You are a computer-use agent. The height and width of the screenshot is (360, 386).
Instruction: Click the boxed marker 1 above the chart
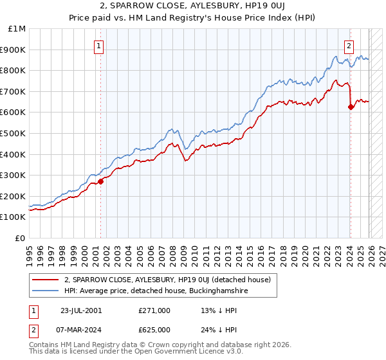pyautogui.click(x=99, y=46)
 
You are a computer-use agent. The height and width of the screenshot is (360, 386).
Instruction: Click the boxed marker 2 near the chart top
pyautogui.click(x=349, y=46)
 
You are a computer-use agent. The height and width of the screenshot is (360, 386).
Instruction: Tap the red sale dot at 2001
pyautogui.click(x=101, y=181)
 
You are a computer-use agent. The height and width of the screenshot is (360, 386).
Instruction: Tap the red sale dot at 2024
pyautogui.click(x=351, y=107)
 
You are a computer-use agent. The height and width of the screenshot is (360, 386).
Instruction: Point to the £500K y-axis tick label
pyautogui.click(x=13, y=133)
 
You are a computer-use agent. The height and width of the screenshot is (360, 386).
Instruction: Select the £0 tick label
pyautogui.click(x=20, y=238)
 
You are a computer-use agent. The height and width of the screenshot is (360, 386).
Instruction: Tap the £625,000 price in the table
pyautogui.click(x=154, y=328)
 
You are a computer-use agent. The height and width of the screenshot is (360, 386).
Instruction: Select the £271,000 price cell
pyautogui.click(x=154, y=310)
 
